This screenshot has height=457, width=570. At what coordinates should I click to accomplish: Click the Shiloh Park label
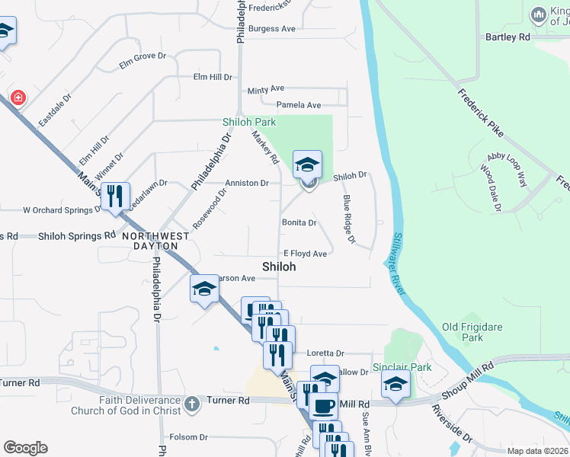248,122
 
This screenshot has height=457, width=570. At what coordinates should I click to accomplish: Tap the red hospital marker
17,97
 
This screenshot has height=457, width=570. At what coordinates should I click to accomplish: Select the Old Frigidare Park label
473,332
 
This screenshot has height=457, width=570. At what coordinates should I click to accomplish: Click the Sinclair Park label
402,367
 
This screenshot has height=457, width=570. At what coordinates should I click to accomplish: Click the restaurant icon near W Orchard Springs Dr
115,196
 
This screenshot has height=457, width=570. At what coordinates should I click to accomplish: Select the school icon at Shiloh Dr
308,164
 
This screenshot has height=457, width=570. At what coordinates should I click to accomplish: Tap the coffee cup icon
323,407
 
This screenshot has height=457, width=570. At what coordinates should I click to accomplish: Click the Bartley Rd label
508,37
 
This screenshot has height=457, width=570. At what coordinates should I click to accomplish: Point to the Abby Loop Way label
507,168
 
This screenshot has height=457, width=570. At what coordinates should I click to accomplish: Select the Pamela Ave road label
298,105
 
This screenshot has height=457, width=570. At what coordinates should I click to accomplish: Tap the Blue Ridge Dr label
349,219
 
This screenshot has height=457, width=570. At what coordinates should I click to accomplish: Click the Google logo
25,448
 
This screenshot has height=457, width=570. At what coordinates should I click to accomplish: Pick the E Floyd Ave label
305,254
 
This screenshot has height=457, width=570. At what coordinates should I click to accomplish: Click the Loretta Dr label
325,353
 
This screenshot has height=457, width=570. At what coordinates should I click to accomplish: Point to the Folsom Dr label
188,437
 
